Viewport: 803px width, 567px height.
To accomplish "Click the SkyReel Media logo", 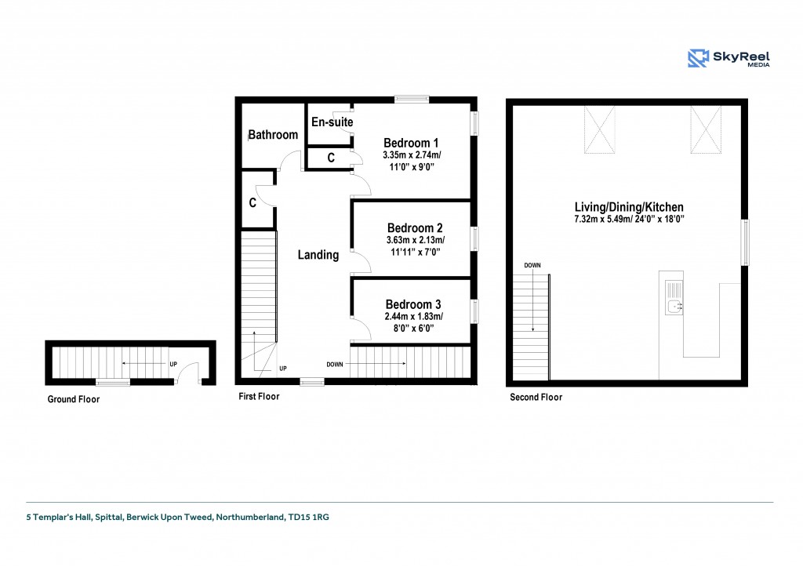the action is tap(729, 58).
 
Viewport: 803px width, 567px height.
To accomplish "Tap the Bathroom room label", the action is tap(273, 135).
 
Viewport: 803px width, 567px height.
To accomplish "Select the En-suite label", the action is tap(332, 122).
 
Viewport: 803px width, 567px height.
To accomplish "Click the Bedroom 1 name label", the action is tap(411, 143).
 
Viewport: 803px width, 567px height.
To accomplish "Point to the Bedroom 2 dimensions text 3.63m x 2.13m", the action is tap(416, 240).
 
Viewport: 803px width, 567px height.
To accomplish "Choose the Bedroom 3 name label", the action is tap(413, 304).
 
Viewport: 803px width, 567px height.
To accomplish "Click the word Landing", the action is tap(318, 255).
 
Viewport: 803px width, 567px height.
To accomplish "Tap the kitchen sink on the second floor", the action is tap(674, 297).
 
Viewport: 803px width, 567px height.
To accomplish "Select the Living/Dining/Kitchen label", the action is tap(629, 207).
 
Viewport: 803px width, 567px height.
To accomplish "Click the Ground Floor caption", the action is tap(74, 399).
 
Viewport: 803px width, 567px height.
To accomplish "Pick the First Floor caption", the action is tap(259, 396).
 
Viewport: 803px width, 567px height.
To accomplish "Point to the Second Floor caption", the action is tap(536, 397).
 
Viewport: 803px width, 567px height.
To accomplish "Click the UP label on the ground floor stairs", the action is tap(173, 364).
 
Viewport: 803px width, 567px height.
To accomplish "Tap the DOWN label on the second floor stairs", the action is tap(532, 265).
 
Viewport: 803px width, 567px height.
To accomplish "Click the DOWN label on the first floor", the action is tap(335, 365).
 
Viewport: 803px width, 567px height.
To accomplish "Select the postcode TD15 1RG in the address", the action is tap(308, 517).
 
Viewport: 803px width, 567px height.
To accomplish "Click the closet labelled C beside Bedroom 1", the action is tap(330, 158).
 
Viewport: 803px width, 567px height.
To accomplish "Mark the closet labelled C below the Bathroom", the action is tap(257, 202).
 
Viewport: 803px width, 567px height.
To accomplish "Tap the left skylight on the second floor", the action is tap(600, 129).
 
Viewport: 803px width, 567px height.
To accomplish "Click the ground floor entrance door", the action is tap(188, 373).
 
